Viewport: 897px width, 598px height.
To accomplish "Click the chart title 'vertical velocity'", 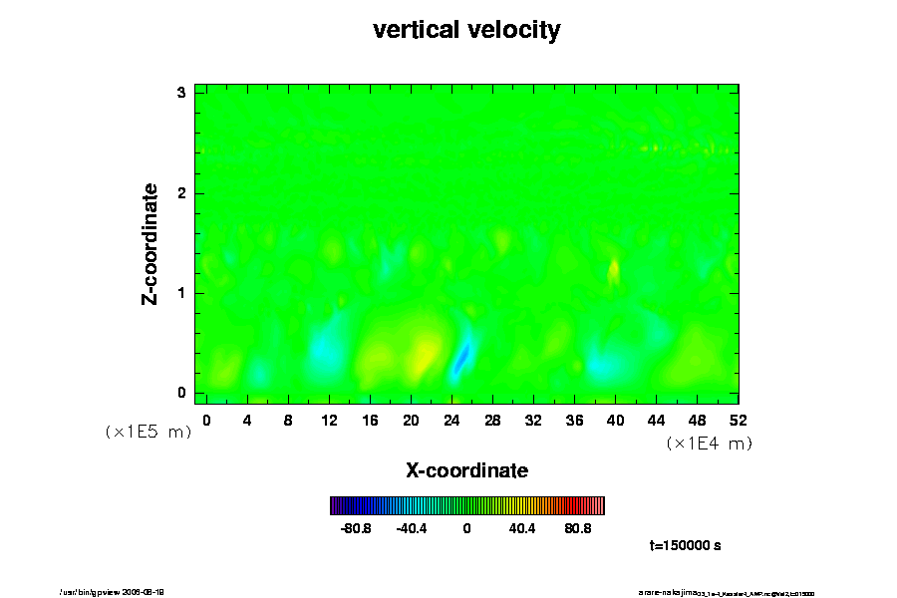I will (x=466, y=30).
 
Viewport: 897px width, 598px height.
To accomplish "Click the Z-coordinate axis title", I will (x=151, y=243).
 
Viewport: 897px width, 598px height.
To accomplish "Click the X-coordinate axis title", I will (x=466, y=469).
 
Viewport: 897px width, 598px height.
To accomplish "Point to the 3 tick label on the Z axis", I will (x=181, y=93).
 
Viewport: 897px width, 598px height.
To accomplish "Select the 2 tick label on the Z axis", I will (x=181, y=192).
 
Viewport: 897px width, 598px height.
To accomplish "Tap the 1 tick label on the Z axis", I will (x=181, y=293).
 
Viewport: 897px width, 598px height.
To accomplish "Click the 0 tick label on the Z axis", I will (x=181, y=393).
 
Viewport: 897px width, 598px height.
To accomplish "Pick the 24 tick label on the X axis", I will (x=451, y=420).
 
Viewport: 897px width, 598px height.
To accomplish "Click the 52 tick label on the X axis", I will (x=739, y=420).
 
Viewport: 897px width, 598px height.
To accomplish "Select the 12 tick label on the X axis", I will (x=329, y=420).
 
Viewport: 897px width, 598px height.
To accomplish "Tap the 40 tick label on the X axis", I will (x=616, y=420).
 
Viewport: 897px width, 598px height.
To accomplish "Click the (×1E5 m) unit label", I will (x=148, y=433).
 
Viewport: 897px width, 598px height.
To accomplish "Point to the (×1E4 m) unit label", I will (x=709, y=444).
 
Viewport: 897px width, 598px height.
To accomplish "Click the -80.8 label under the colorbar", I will (x=356, y=528).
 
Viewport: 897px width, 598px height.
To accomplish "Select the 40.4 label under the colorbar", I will (x=522, y=528).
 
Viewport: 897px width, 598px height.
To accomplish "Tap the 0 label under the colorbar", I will (x=466, y=528).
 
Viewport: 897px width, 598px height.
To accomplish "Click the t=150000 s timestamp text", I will (x=685, y=546).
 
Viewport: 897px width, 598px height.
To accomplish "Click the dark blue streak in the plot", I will (x=460, y=357).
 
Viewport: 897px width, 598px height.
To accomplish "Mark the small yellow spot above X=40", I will (x=614, y=269).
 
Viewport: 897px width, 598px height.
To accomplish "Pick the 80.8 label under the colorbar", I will (x=578, y=528).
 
